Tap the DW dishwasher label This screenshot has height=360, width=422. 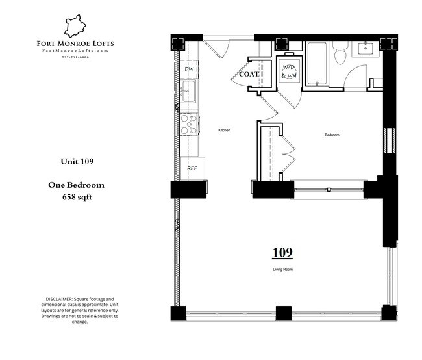coord(190,69)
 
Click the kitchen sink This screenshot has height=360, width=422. coord(189,92)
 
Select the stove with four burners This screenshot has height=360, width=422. coord(189,124)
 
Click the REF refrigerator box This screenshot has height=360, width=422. coord(193,168)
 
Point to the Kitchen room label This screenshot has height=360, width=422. coord(224,130)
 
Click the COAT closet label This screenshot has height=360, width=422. coord(249,74)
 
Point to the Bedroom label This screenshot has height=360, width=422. coord(332,135)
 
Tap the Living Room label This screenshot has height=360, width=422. coord(282,268)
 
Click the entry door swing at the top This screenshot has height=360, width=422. coord(216,48)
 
